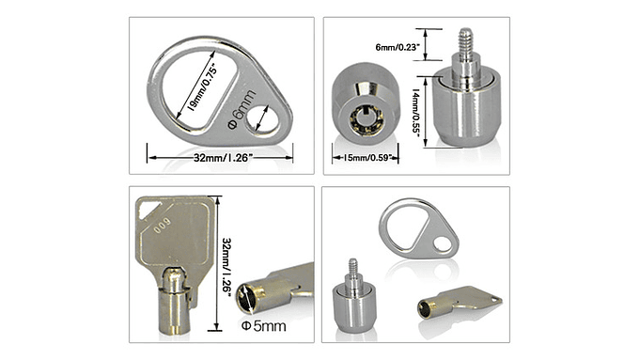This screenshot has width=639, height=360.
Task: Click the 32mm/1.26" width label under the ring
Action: coord(220,159)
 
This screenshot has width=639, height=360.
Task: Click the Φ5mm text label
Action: coord(264,325)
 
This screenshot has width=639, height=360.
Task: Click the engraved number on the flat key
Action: coord(164,226)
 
